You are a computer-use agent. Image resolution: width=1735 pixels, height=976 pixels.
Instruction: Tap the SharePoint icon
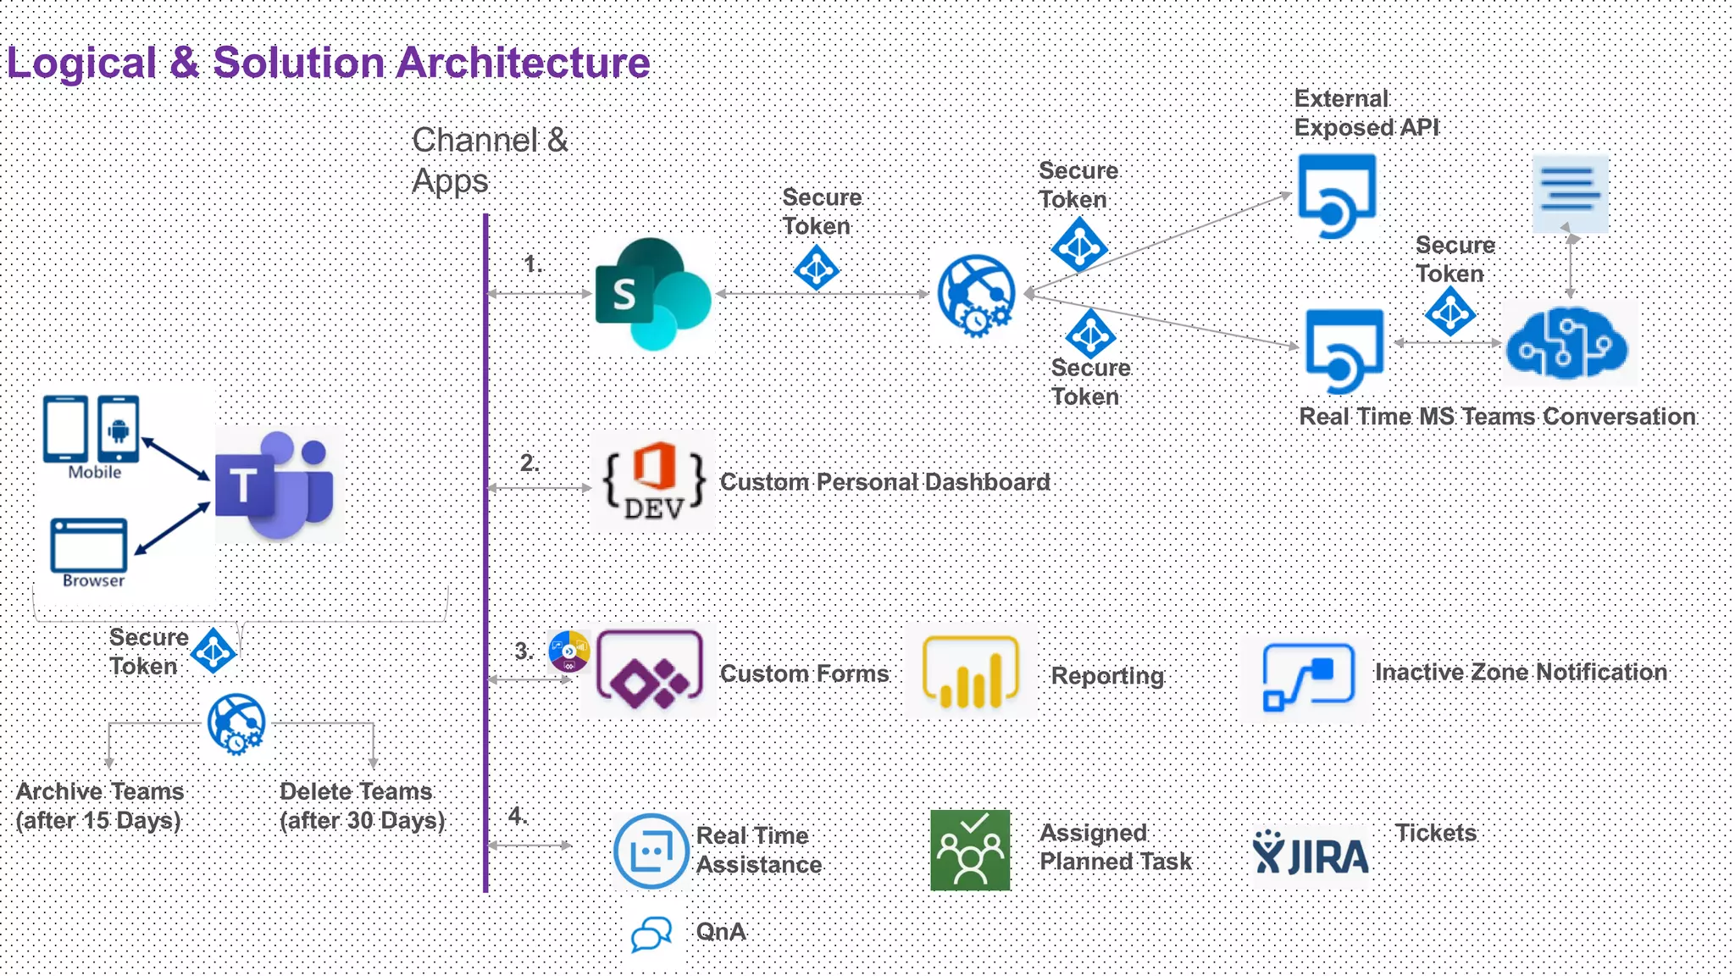[653, 294]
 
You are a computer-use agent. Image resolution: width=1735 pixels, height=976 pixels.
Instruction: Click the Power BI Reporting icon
[970, 672]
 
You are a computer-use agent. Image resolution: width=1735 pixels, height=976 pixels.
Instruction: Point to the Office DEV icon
[653, 481]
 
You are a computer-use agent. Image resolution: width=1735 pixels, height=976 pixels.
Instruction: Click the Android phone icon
[119, 428]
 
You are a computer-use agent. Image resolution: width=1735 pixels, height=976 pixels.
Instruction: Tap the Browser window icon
[89, 546]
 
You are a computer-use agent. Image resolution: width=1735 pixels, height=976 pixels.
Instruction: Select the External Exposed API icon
[1337, 196]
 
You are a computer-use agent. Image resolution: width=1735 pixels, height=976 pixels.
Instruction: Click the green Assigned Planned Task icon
[970, 850]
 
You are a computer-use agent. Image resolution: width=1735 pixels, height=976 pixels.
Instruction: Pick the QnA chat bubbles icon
[651, 934]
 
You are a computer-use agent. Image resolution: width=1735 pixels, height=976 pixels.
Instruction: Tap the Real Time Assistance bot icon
[651, 851]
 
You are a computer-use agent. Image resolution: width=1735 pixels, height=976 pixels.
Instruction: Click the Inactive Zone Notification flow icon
[1308, 676]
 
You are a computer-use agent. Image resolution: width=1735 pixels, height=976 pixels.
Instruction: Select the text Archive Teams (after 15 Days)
[99, 806]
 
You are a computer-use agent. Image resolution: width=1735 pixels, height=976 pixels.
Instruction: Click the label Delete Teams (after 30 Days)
[362, 806]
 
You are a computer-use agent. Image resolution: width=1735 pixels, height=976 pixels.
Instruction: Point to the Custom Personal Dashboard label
[884, 482]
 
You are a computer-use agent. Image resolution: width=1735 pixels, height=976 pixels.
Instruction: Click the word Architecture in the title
[523, 63]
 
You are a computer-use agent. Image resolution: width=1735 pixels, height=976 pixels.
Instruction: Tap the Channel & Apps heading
[489, 160]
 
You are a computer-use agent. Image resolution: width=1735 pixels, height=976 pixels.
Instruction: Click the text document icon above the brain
[1570, 194]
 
